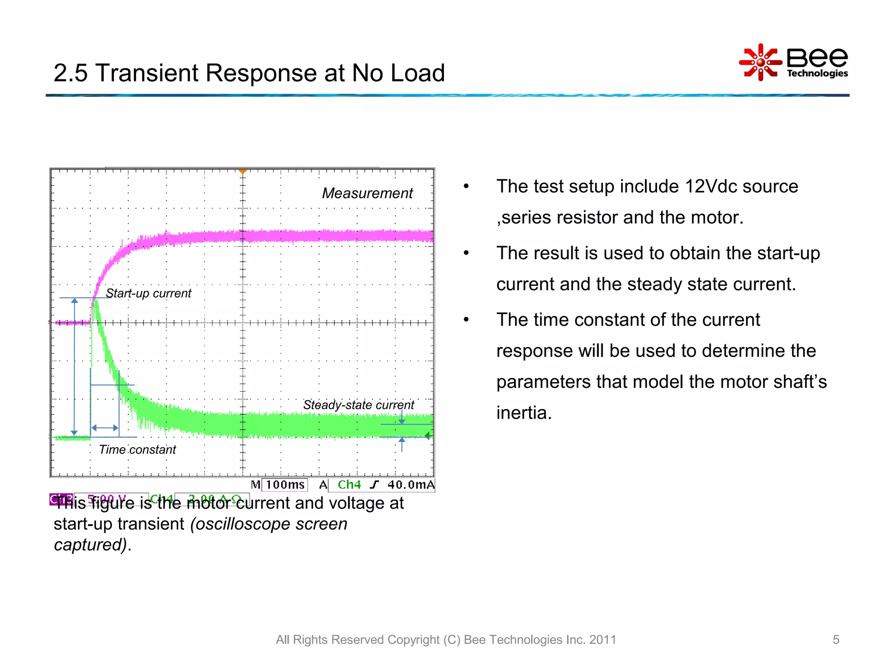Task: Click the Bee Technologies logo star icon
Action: [x=760, y=62]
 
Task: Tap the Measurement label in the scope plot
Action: [x=367, y=193]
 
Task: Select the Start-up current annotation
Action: [x=148, y=294]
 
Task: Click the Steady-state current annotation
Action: [x=358, y=405]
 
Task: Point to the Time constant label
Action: [x=137, y=450]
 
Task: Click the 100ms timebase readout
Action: [x=285, y=485]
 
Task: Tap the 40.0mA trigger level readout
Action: [x=411, y=485]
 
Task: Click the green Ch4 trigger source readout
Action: [x=349, y=485]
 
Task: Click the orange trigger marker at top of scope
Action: [x=243, y=172]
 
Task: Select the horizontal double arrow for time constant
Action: [x=105, y=428]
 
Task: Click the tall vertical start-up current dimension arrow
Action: [x=75, y=366]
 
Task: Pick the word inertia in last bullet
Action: [x=523, y=413]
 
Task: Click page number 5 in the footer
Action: [x=836, y=639]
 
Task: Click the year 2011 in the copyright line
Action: [x=603, y=639]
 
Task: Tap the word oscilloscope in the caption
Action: [x=242, y=524]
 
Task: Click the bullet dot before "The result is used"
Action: [x=466, y=253]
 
